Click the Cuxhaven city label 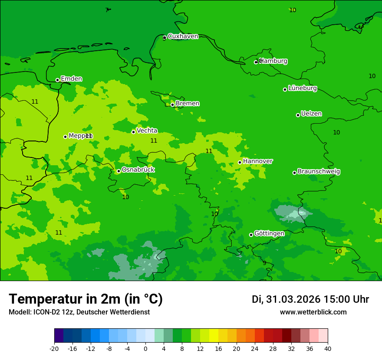tap(183, 36)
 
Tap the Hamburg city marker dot tap(256, 62)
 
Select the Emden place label tap(71, 79)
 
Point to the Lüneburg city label tap(303, 88)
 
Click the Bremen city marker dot tap(172, 105)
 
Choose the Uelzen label tap(311, 114)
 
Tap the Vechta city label tap(147, 130)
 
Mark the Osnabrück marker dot tap(119, 171)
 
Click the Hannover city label tap(258, 161)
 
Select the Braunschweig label tap(319, 171)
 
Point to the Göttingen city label tap(269, 233)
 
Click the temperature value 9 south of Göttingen tap(264, 263)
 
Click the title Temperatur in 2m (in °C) tap(86, 299)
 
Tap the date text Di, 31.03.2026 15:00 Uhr tap(310, 299)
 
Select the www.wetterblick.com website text tap(313, 312)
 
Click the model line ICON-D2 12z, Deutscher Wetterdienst tap(79, 312)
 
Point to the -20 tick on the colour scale tap(54, 348)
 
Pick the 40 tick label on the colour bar tap(328, 348)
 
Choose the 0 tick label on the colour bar tap(145, 348)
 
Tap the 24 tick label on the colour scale tap(255, 348)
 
